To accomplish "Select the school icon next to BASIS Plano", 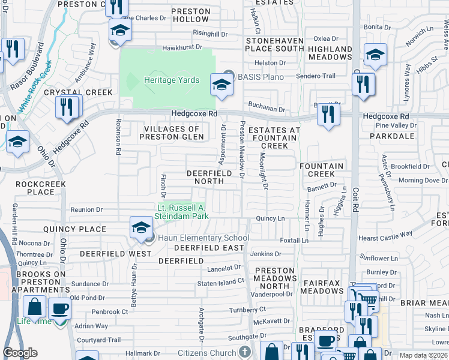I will (x=221, y=86).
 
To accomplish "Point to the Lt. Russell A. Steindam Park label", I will (x=182, y=211).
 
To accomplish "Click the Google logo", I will (x=20, y=353).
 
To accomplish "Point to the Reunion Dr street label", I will (x=86, y=209).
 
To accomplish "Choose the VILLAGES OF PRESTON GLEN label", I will (x=172, y=133).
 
